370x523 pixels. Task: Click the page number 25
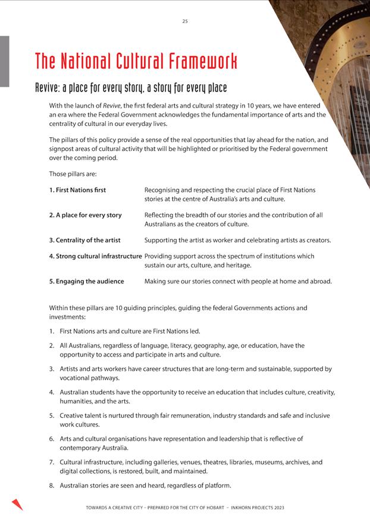[x=185, y=21]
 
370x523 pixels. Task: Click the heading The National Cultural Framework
[x=136, y=61]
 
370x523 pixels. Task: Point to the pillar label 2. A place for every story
[x=85, y=215]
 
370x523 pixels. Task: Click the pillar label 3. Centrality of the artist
[x=84, y=240]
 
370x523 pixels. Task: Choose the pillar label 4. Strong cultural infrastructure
[x=96, y=256]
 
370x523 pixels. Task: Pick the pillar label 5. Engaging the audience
[x=86, y=281]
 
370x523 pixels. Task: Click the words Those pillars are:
[x=73, y=174]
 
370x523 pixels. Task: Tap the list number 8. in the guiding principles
[x=52, y=486]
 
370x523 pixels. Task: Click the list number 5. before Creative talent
[x=52, y=415]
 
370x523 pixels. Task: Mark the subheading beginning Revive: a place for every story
[x=131, y=88]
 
